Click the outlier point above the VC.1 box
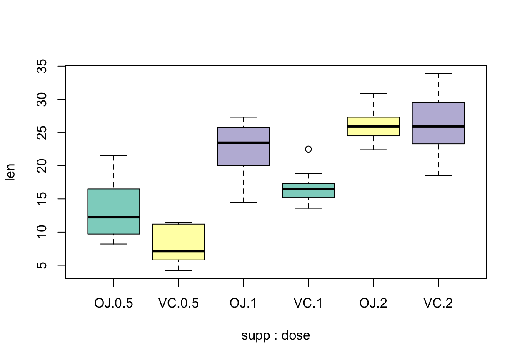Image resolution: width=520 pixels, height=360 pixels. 308,149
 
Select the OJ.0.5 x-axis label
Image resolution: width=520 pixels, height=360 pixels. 114,303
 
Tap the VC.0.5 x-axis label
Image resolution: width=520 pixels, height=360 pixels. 179,303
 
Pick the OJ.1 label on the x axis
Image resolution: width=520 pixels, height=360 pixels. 243,303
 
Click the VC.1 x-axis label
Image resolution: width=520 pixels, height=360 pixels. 308,303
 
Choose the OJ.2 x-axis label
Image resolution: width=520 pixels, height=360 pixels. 373,303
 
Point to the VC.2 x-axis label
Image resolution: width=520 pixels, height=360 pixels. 438,303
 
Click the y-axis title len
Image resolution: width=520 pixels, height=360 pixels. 10,172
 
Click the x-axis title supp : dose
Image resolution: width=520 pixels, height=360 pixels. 276,335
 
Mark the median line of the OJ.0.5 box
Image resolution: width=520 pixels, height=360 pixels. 114,217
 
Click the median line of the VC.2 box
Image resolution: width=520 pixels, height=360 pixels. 438,126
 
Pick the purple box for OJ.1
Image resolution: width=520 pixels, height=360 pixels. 243,154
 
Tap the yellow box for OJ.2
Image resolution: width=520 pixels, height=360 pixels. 373,131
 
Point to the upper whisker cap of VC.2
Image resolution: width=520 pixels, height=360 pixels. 438,73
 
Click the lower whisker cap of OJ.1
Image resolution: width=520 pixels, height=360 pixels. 243,202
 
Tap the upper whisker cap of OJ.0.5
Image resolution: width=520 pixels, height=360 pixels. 114,156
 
